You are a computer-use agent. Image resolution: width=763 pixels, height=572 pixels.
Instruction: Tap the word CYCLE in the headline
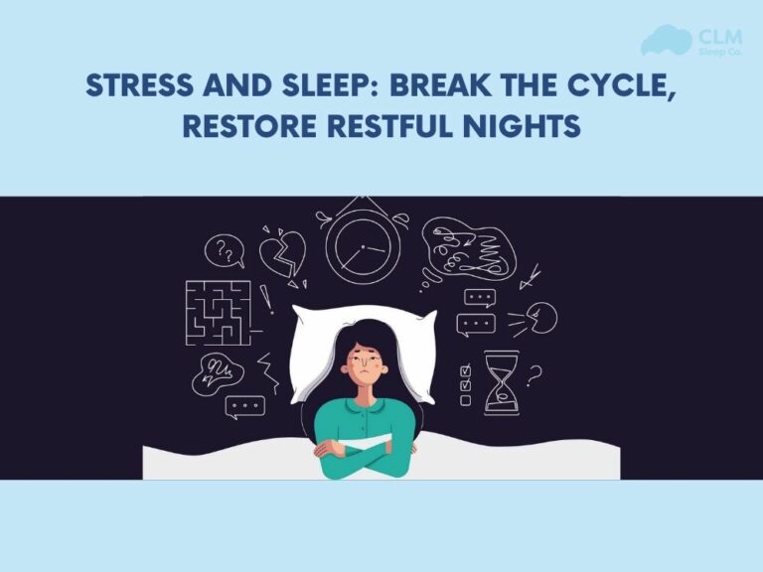pos(620,86)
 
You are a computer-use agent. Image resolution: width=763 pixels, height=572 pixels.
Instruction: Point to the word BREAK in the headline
pos(443,86)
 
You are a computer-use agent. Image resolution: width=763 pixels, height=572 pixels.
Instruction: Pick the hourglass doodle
pos(501,382)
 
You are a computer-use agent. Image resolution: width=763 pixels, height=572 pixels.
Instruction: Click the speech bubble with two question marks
pos(225,251)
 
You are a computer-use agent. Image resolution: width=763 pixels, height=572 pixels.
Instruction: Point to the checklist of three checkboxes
pos(464,384)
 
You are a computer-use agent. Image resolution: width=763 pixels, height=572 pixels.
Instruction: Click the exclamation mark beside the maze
pos(265,297)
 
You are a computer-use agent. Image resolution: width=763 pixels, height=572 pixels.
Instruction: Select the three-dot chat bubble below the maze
pos(244,406)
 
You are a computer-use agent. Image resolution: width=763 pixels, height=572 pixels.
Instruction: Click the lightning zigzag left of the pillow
pos(269,369)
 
